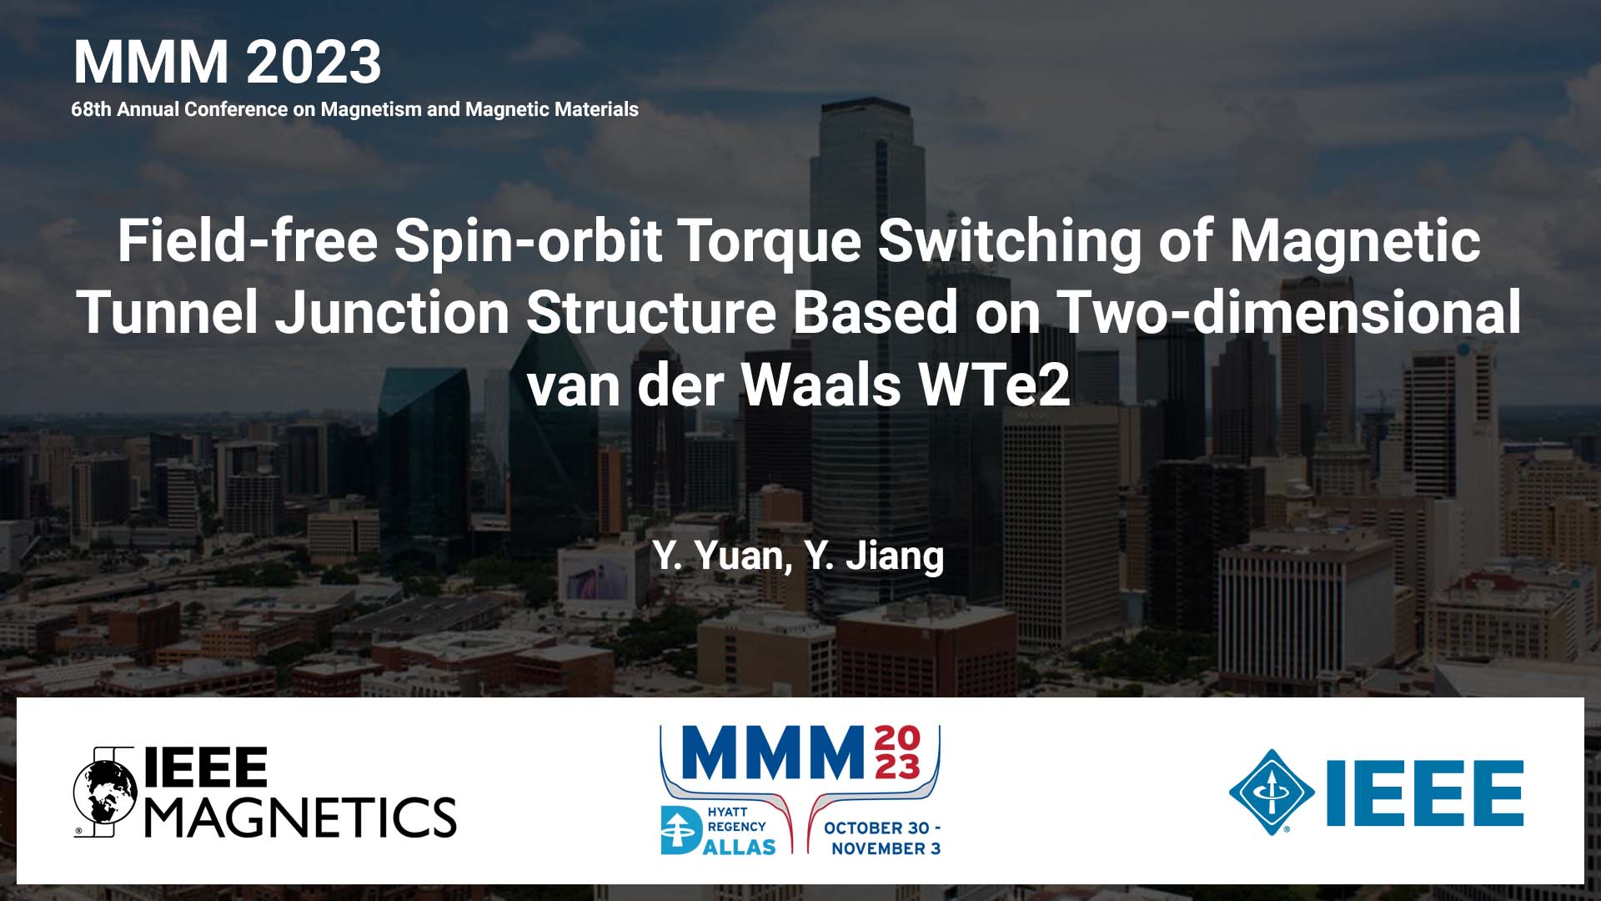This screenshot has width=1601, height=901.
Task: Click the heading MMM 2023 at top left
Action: [227, 63]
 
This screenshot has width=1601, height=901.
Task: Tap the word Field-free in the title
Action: [248, 240]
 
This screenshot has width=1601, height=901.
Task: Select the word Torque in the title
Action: [769, 240]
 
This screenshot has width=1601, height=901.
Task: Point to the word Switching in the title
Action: [1010, 240]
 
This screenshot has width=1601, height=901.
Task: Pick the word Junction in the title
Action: [392, 313]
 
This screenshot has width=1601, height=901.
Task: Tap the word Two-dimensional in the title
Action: [1289, 313]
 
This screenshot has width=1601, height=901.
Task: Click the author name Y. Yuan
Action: [722, 556]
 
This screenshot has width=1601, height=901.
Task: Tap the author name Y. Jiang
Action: [875, 556]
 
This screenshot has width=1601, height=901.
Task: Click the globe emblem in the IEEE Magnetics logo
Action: [105, 793]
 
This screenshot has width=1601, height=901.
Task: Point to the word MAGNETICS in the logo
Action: [301, 817]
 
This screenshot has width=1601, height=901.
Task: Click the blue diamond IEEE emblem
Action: [1272, 792]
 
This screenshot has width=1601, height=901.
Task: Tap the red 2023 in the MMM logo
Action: [897, 753]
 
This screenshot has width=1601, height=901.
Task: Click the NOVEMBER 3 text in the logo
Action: [886, 848]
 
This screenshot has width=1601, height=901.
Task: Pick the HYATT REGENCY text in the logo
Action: [735, 819]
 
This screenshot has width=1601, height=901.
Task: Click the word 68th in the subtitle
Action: [91, 109]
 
